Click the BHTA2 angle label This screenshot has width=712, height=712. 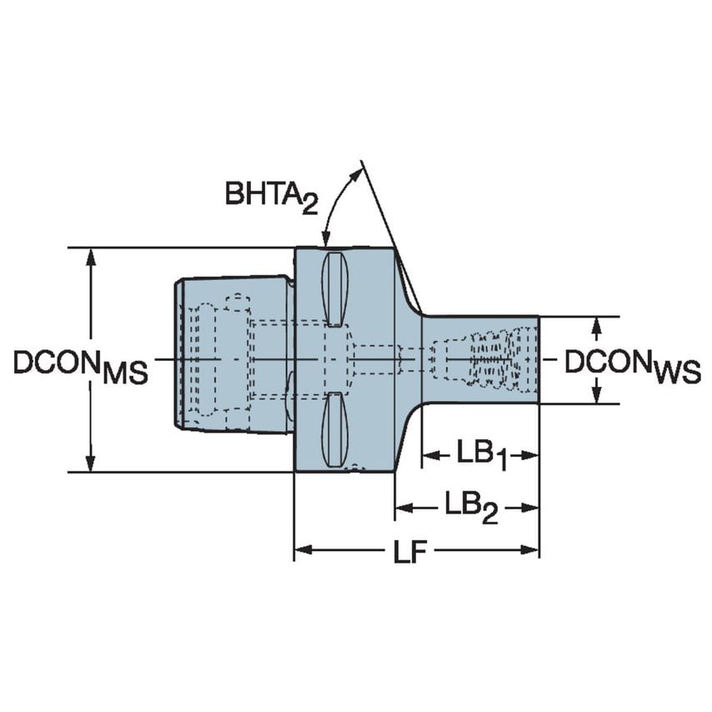(x=272, y=196)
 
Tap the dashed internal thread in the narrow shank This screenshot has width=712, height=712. (x=492, y=359)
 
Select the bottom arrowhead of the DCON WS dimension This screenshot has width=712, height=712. (x=598, y=395)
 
